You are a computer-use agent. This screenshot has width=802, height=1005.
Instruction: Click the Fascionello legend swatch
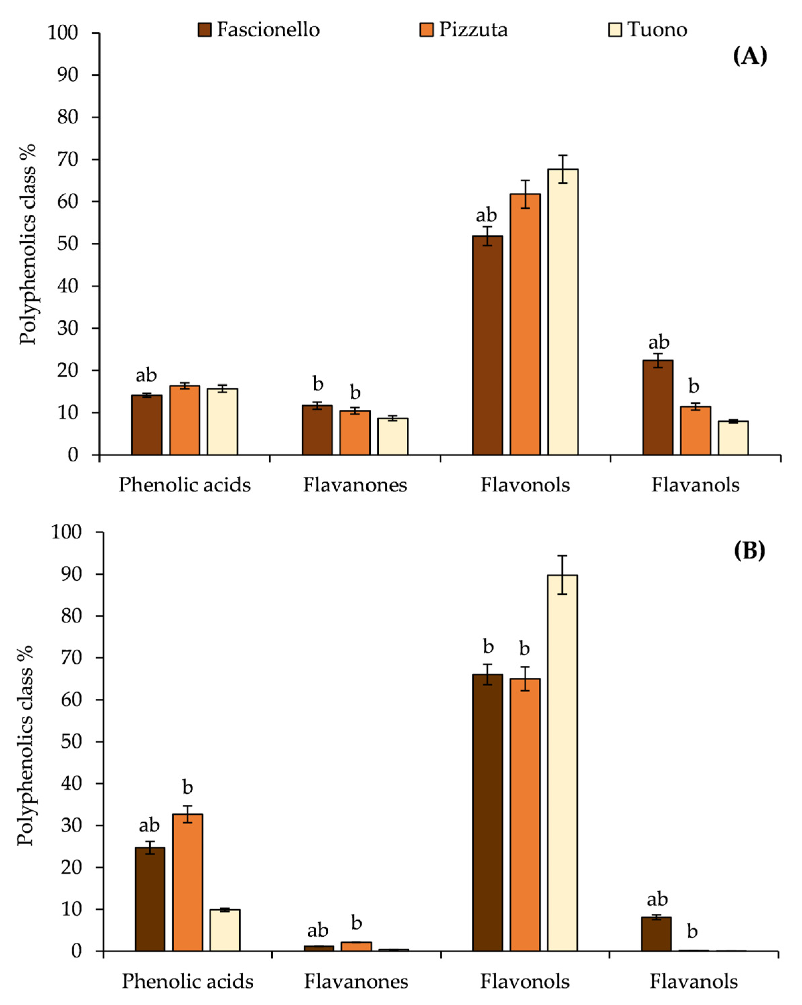[x=204, y=30]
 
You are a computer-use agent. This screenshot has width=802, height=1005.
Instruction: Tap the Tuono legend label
[x=657, y=30]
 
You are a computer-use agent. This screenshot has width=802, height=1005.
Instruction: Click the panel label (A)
[x=749, y=56]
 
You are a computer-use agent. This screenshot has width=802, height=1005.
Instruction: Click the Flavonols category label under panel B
[x=525, y=981]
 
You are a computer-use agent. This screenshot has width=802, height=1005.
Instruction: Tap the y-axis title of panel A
[x=27, y=244]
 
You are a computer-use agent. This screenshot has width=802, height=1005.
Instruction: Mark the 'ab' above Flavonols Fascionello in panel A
[x=486, y=215]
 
